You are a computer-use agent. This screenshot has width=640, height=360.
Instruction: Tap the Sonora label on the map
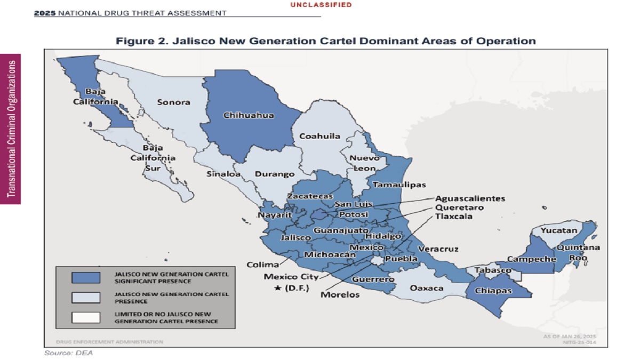[x=173, y=102]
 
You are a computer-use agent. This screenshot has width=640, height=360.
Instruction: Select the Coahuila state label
[x=319, y=136]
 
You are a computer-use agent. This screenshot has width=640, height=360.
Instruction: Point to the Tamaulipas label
[x=399, y=185]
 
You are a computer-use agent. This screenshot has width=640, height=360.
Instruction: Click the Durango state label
[x=275, y=174]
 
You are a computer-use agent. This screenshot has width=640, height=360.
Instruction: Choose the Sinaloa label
[x=222, y=174]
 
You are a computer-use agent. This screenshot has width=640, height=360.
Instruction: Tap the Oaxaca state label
[x=427, y=288]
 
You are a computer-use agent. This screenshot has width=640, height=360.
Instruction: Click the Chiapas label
[x=493, y=291]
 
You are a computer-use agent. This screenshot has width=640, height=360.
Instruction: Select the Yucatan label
[x=559, y=231]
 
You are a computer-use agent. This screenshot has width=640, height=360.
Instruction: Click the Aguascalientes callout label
[x=470, y=198]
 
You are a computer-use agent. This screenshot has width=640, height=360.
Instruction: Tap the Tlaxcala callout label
[x=453, y=217]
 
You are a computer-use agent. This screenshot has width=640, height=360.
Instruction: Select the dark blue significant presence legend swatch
[x=86, y=277]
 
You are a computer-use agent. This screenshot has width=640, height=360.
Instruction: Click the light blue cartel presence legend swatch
[x=86, y=297]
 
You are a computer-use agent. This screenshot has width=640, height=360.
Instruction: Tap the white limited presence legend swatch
[x=86, y=317]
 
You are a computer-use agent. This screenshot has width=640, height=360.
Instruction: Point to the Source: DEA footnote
[x=64, y=353]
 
